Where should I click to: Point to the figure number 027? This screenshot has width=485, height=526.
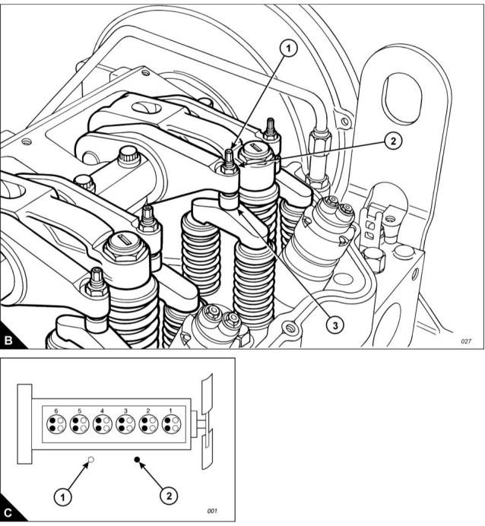pos(466,341)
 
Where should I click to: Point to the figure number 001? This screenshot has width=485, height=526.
pos(212,511)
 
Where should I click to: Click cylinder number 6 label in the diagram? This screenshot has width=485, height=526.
pos(55,410)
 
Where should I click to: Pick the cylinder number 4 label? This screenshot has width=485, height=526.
pos(102,410)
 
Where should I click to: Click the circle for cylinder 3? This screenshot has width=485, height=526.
pos(125,423)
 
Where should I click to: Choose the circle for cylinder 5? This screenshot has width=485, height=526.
pos(79,423)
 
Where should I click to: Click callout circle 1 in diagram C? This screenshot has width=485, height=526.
pos(65,497)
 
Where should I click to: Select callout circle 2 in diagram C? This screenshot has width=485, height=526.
pos(169,496)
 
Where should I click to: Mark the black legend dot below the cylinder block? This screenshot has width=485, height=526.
pos(137,460)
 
